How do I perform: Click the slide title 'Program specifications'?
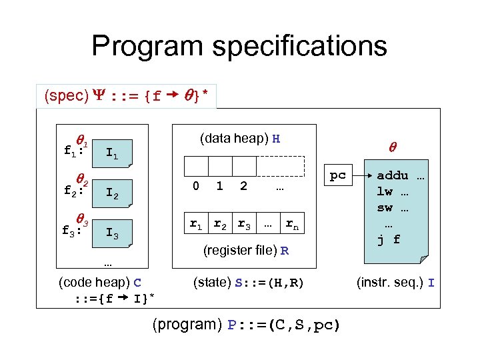(239, 46)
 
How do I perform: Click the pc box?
(339, 175)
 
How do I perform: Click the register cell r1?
(196, 225)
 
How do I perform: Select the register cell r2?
(220, 225)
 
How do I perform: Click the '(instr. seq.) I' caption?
(396, 283)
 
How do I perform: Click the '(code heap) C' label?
(100, 282)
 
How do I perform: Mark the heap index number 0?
(195, 187)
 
